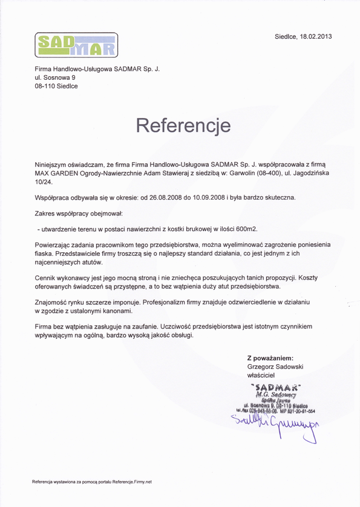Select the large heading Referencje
pyautogui.click(x=183, y=125)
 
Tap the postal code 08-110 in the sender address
pyautogui.click(x=45, y=86)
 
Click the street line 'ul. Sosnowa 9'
pyautogui.click(x=55, y=77)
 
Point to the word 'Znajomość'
pyautogui.click(x=53, y=301)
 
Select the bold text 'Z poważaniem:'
pyautogui.click(x=270, y=358)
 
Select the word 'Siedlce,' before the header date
pyautogui.click(x=286, y=36)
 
